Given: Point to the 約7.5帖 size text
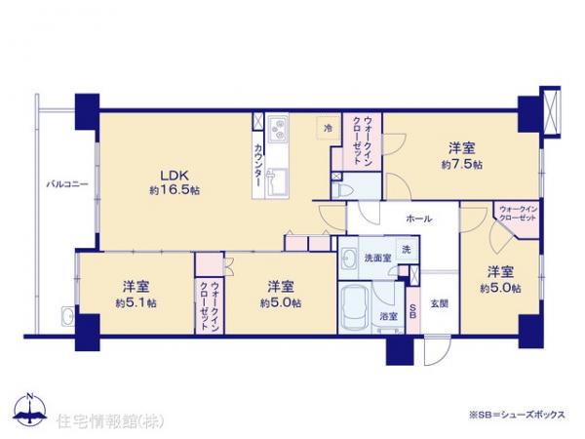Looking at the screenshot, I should tap(461, 166).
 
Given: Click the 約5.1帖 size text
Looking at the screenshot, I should tap(136, 303).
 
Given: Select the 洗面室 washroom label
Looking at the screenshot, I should tap(377, 259).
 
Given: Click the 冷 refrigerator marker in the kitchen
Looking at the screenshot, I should tap(328, 128).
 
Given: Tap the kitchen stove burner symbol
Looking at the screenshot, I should tap(277, 127).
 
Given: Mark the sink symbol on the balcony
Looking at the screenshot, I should tap(65, 315).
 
